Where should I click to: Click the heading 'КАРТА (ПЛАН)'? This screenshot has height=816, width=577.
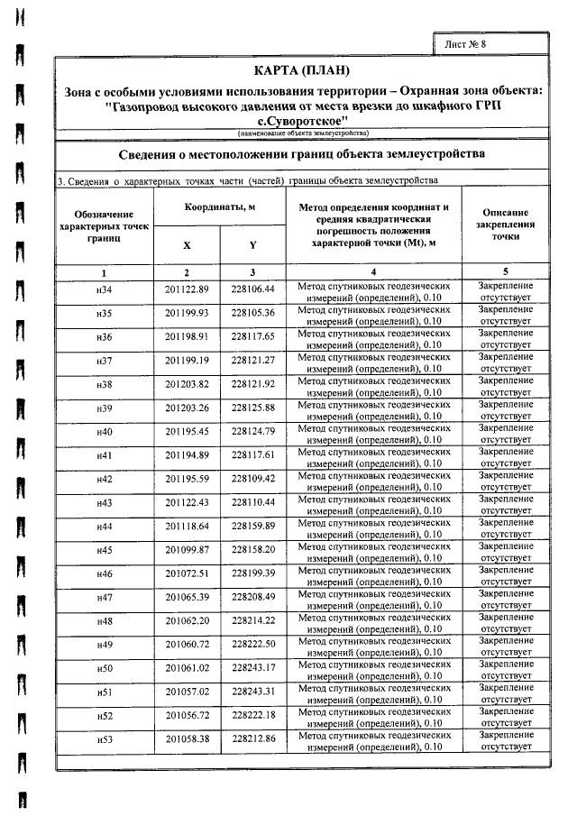pyautogui.click(x=302, y=71)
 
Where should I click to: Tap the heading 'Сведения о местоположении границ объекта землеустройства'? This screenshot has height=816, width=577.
pyautogui.click(x=302, y=154)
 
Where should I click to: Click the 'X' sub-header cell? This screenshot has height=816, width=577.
pyautogui.click(x=187, y=244)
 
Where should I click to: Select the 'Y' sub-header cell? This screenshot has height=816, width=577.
pyautogui.click(x=252, y=244)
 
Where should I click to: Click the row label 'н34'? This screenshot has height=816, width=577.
pyautogui.click(x=104, y=289)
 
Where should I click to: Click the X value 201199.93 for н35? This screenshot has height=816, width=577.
pyautogui.click(x=187, y=313)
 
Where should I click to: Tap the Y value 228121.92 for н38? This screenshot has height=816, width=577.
pyautogui.click(x=252, y=384)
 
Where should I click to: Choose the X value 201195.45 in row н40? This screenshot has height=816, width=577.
pyautogui.click(x=187, y=431)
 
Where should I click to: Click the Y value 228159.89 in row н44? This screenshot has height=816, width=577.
pyautogui.click(x=252, y=526)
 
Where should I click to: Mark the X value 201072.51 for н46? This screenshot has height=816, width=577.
pyautogui.click(x=187, y=573)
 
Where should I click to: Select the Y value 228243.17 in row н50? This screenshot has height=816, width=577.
pyautogui.click(x=252, y=667)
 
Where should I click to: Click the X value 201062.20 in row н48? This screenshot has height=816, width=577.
pyautogui.click(x=187, y=620)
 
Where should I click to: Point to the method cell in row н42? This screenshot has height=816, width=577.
pyautogui.click(x=373, y=479)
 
